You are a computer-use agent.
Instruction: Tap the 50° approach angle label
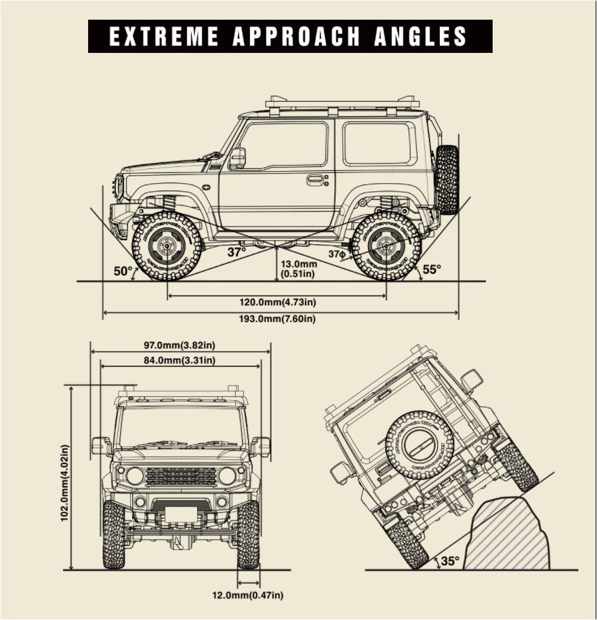click(123, 271)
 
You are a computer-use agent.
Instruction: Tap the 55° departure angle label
click(432, 269)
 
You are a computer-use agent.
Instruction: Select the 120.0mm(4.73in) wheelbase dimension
click(276, 301)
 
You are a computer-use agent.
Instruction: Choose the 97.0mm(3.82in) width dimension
click(180, 345)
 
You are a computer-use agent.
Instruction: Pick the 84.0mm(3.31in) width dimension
click(180, 360)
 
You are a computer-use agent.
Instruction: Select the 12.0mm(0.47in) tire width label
click(247, 596)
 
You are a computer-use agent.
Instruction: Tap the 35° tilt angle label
click(450, 561)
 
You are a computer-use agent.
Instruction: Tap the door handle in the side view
click(315, 180)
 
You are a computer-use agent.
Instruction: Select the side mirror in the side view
click(237, 157)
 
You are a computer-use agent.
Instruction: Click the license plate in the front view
click(180, 514)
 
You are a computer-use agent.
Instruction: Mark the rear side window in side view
click(379, 143)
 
